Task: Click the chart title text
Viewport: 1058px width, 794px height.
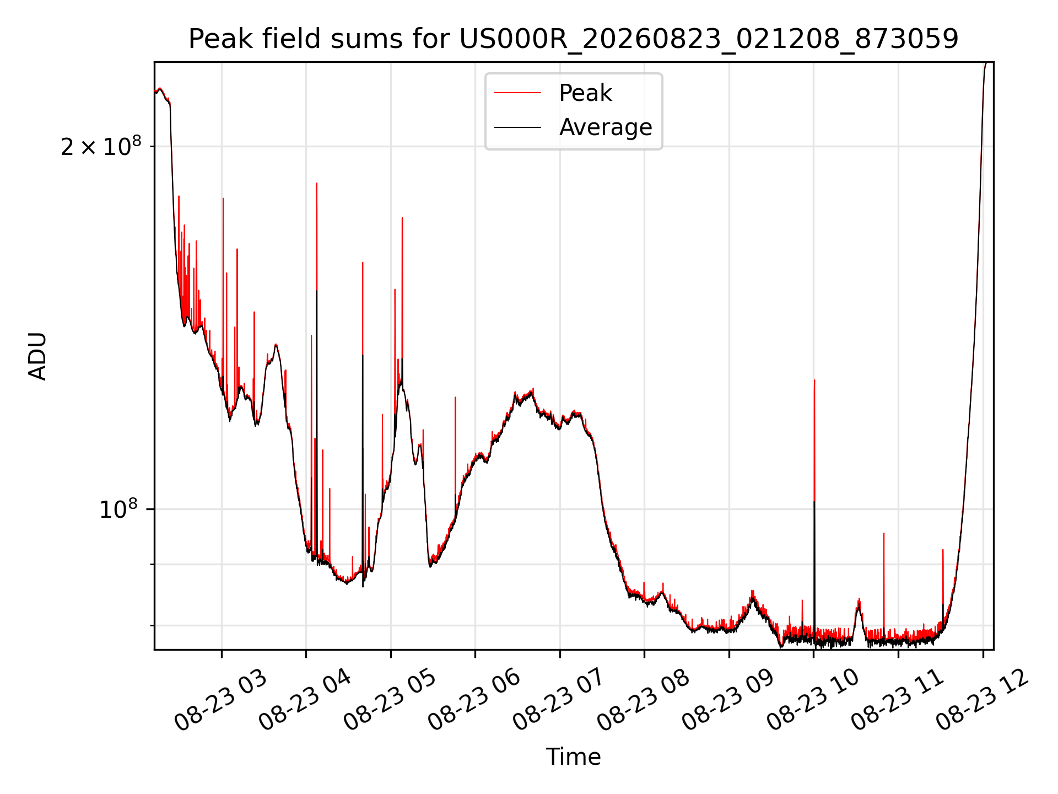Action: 573,39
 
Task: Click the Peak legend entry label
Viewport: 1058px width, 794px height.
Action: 585,93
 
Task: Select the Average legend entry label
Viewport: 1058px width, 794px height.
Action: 606,127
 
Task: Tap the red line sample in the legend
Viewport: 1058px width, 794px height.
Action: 517,93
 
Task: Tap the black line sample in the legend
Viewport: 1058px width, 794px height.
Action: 517,127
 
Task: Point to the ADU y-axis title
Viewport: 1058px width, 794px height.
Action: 37,356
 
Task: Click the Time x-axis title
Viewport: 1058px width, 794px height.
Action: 573,757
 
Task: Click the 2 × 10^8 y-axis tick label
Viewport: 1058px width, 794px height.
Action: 101,147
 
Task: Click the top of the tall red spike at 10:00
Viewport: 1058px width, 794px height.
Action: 814,380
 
